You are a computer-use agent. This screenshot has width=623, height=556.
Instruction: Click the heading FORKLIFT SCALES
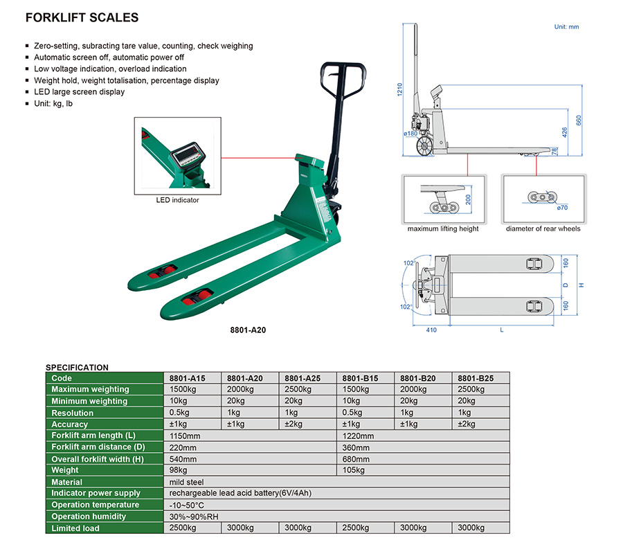[x=82, y=18]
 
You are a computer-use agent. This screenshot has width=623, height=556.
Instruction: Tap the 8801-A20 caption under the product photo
[x=248, y=330]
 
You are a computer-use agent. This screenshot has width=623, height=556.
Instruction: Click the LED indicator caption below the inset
[x=177, y=200]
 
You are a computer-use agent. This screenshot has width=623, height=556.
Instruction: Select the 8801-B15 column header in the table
[x=361, y=378]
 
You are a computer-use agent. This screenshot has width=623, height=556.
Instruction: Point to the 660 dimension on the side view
[x=579, y=120]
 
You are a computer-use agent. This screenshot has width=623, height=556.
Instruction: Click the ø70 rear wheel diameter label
[x=562, y=208]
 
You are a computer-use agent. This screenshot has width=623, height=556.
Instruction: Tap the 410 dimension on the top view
[x=431, y=330]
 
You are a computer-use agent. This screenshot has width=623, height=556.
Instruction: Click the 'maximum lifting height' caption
[x=443, y=229]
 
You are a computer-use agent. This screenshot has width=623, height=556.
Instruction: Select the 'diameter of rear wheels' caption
[x=543, y=229]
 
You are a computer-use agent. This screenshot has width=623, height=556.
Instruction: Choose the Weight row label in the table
[x=65, y=470]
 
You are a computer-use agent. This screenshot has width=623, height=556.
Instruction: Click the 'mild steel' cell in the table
[x=187, y=482]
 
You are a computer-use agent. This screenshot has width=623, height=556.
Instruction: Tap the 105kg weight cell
[x=354, y=470]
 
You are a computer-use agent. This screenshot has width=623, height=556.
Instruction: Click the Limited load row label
[x=75, y=528]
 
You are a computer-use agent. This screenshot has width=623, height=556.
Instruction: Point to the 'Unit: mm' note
[x=566, y=27]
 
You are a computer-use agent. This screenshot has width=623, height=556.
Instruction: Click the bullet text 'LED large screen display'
[x=80, y=92]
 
